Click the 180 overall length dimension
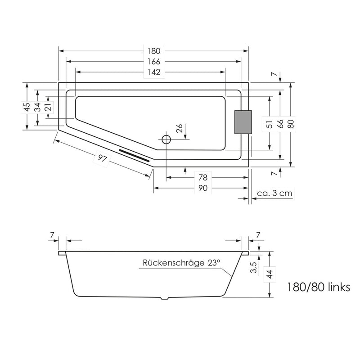click(x=154, y=50)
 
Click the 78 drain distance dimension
click(x=202, y=177)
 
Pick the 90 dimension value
click(x=202, y=188)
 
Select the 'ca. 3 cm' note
click(x=274, y=193)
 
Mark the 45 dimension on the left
click(x=27, y=107)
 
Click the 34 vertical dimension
click(x=38, y=107)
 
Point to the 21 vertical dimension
click(x=48, y=107)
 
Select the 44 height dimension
click(x=270, y=274)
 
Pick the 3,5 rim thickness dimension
click(x=254, y=268)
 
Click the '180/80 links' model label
click(x=318, y=287)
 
